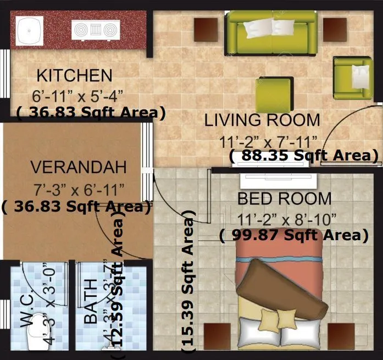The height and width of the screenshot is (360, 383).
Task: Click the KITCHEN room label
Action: click(74, 75)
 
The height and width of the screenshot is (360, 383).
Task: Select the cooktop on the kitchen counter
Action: click(96, 30)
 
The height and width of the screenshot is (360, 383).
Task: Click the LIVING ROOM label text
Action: click(262, 120)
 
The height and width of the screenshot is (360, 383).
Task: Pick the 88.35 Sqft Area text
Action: click(304, 156)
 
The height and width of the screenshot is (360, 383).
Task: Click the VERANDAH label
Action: click(78, 167)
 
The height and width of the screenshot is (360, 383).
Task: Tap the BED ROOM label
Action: click(284, 198)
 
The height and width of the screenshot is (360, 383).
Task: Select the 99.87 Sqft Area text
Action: click(293, 235)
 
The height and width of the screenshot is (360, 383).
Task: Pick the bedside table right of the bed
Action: click(341, 336)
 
